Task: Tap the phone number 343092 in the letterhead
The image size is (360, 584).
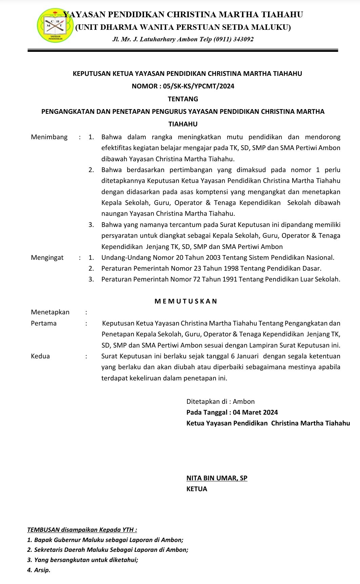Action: click(242, 39)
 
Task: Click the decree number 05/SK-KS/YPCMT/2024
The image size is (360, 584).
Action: click(198, 86)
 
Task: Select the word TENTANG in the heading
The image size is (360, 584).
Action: click(183, 99)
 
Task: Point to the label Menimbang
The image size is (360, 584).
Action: click(49, 137)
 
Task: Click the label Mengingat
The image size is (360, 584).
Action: click(47, 257)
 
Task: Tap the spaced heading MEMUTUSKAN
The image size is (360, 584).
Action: click(186, 301)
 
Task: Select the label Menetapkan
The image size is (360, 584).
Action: click(50, 312)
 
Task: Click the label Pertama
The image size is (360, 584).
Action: click(44, 323)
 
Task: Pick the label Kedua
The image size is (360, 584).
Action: click(40, 356)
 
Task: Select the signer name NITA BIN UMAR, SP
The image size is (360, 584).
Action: click(217, 478)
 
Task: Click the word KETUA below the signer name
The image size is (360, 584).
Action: click(197, 489)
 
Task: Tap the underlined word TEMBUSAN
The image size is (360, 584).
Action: click(43, 530)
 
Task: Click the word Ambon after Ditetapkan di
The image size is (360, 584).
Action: click(244, 401)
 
